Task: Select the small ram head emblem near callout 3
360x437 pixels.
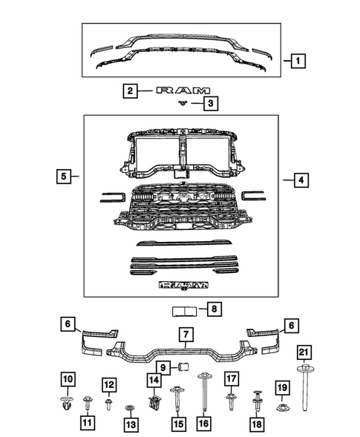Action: point(180,104)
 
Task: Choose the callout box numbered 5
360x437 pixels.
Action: point(65,177)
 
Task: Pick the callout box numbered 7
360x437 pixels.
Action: point(184,335)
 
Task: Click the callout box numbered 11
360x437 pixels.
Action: point(88,423)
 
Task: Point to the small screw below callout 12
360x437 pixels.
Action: point(108,404)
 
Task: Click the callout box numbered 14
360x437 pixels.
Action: point(154,381)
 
